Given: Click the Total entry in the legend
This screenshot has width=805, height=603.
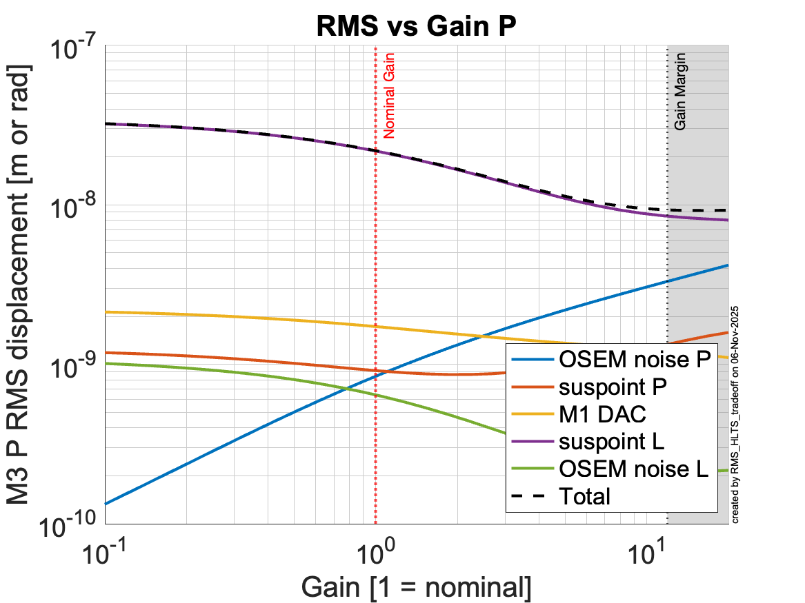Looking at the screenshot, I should (586, 495).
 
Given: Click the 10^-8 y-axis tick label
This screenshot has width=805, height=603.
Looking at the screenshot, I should (72, 208).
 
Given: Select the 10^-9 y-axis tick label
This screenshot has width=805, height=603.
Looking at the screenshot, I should (72, 368).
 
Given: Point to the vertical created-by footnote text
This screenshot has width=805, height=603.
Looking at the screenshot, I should (735, 413).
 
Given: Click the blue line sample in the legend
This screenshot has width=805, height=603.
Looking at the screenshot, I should (532, 360).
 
